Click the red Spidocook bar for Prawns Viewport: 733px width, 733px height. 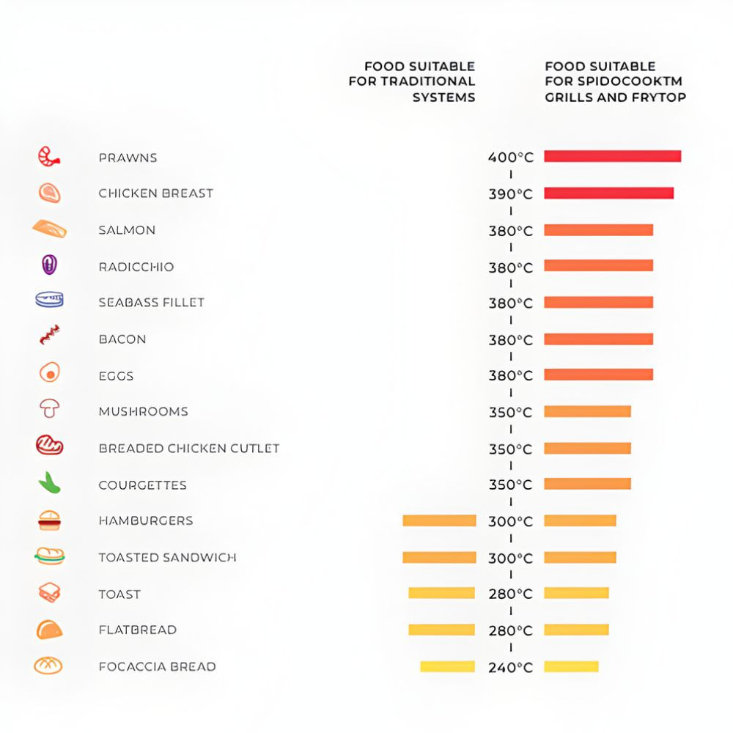(612, 156)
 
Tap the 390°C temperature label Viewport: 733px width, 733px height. (511, 194)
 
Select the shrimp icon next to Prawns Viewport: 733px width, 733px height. (49, 156)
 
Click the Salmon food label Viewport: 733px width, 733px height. (127, 230)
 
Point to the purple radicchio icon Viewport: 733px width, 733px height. (49, 265)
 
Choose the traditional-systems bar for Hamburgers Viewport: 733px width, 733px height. (439, 520)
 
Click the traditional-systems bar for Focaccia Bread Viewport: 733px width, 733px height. (447, 666)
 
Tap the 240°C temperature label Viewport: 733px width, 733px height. (511, 668)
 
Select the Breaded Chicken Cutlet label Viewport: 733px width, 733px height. (189, 449)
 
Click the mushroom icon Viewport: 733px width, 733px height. (49, 409)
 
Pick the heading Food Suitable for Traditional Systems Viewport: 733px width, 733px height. (412, 81)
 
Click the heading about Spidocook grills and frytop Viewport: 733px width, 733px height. (615, 81)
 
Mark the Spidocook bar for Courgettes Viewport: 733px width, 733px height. (587, 484)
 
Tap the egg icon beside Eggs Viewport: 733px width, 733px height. (49, 373)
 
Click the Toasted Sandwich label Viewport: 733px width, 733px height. (167, 558)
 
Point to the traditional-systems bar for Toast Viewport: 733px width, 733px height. (442, 593)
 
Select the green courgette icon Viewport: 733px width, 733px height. (49, 482)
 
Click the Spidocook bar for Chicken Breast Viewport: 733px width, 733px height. (608, 193)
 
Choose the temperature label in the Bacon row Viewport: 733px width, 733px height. (511, 340)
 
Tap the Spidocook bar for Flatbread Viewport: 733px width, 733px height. (576, 630)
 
